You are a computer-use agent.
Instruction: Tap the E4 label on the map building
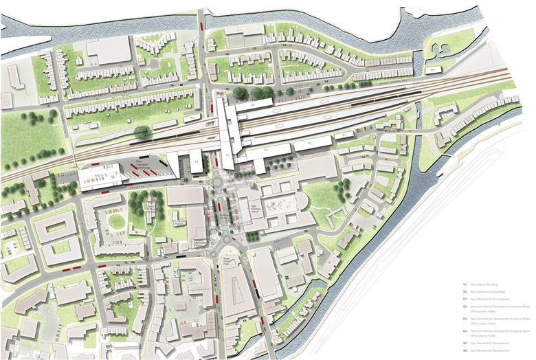(196, 162)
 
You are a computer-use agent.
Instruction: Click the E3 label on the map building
(265, 149)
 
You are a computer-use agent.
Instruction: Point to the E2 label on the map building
(309, 144)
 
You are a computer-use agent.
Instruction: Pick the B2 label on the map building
(252, 104)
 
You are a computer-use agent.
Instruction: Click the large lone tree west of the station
(142, 132)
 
